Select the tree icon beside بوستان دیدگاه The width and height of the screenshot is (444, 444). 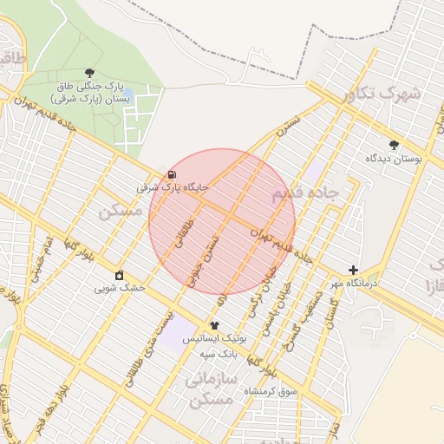[395, 145]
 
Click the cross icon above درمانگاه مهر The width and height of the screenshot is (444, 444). [353, 270]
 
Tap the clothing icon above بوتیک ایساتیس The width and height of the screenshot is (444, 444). [227, 325]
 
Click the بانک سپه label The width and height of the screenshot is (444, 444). [219, 356]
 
